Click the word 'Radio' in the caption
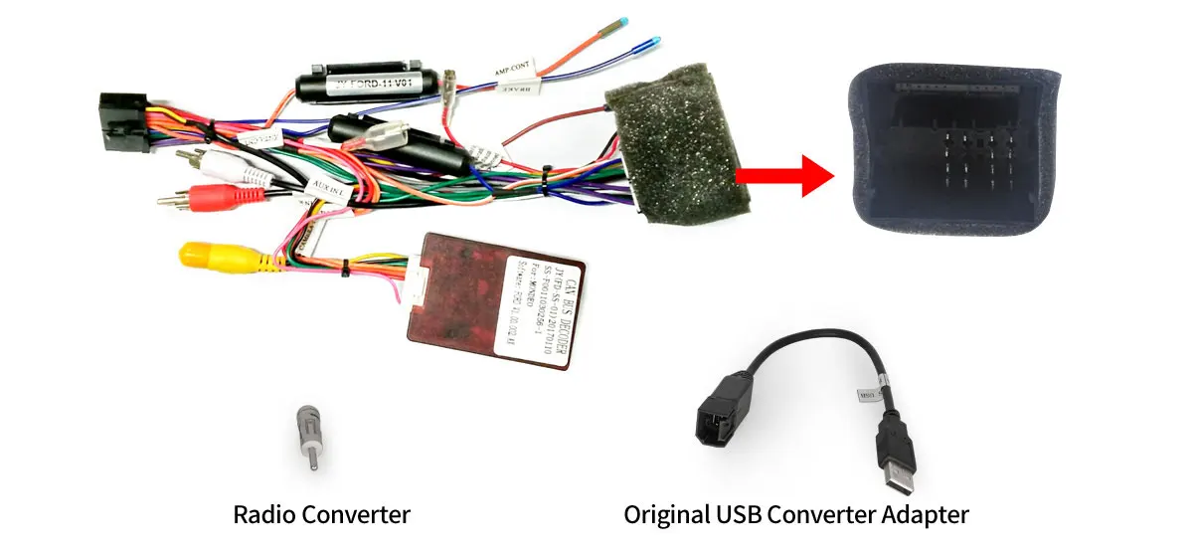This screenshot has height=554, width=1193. pyautogui.click(x=266, y=515)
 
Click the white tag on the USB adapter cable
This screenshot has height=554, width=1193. pyautogui.click(x=863, y=392)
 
